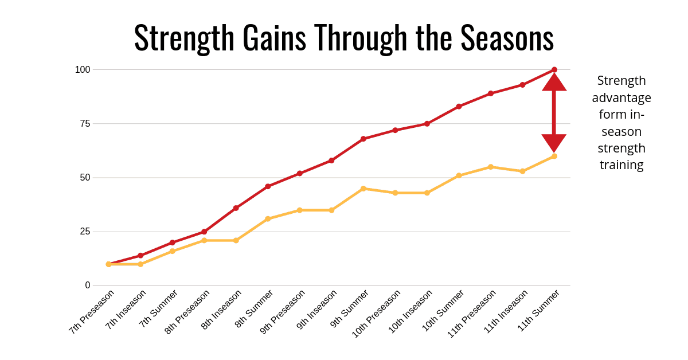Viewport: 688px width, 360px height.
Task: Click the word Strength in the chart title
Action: pos(183,39)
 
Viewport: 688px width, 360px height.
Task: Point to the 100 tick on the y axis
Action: pos(83,70)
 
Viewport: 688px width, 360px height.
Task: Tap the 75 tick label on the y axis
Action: pos(85,124)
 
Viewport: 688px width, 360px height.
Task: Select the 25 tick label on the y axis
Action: pos(85,232)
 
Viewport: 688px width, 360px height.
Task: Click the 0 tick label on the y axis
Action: pos(88,285)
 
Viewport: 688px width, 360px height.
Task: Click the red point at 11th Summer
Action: pos(554,70)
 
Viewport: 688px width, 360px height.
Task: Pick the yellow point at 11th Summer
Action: pos(554,156)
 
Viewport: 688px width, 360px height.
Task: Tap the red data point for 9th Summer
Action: pos(363,139)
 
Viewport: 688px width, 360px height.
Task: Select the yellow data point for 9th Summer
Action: pos(363,189)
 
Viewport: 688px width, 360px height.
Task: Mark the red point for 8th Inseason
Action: pos(236,208)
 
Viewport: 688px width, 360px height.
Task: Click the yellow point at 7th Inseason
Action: pos(140,264)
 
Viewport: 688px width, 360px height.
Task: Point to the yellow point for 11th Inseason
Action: pos(522,171)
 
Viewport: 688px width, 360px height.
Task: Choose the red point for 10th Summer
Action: pos(459,107)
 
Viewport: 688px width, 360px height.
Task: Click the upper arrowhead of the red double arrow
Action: pos(554,82)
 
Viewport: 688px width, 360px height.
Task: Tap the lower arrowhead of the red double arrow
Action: pos(554,143)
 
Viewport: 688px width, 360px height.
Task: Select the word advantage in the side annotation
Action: pos(621,98)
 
